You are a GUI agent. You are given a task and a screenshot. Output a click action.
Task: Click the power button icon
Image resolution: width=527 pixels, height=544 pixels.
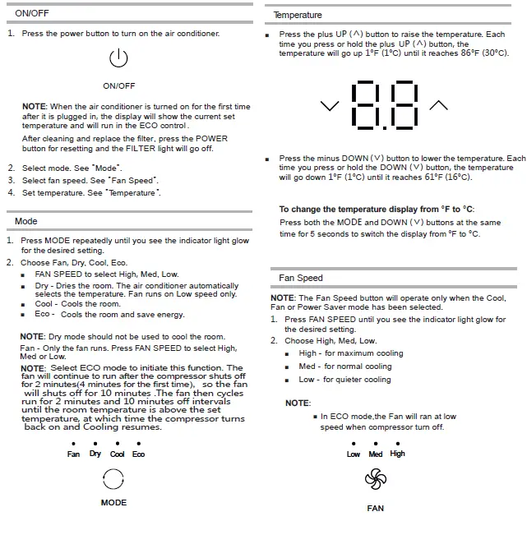point(119,59)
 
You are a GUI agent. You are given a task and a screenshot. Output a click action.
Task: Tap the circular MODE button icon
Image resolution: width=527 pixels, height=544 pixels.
point(113,479)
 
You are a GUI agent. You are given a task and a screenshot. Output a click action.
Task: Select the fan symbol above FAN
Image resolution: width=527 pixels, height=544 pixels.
point(375,479)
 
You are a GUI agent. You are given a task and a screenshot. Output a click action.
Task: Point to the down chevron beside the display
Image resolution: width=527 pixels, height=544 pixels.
point(330,106)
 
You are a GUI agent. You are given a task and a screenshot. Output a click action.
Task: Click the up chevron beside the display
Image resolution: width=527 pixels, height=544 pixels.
point(439,105)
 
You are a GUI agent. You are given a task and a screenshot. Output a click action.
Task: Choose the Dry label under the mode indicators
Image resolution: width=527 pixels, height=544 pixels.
point(95,454)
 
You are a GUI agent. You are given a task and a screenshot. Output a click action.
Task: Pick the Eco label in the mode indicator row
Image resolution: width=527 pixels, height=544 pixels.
point(138,454)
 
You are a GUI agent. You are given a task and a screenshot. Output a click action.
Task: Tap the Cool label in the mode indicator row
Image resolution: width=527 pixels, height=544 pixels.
point(118,454)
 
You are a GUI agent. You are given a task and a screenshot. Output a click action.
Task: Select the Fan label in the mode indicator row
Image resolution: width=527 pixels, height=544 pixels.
point(74,454)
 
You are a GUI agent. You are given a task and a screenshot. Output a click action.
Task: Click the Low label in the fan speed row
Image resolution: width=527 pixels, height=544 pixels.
point(354,454)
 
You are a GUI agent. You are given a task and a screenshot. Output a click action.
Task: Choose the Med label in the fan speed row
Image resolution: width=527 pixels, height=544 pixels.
point(376,454)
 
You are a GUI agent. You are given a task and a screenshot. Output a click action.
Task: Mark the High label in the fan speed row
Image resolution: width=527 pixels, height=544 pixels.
point(398,454)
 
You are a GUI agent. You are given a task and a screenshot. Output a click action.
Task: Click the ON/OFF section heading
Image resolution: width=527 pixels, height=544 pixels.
point(31,13)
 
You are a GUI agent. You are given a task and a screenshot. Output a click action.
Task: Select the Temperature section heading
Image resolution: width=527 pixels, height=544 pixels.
point(298,16)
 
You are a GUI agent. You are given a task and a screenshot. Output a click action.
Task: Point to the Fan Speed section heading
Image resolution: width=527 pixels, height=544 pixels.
point(301,279)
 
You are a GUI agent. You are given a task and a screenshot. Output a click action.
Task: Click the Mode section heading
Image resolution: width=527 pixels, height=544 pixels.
point(26,221)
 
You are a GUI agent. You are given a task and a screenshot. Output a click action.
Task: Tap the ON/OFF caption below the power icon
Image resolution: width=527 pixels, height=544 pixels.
point(119,85)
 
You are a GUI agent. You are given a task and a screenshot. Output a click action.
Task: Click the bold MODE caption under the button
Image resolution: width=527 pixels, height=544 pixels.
point(113,502)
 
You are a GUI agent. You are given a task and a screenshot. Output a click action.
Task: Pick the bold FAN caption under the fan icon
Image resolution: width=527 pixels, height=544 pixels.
point(375,509)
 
